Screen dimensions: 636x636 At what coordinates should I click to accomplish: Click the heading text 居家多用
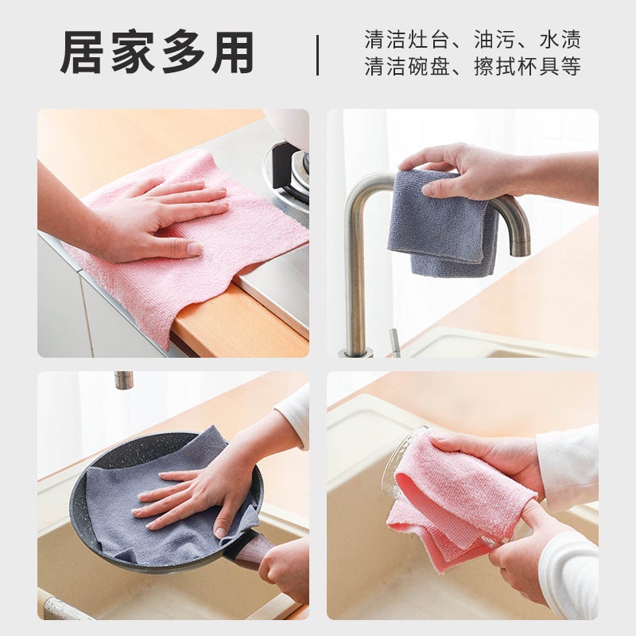coord(157,52)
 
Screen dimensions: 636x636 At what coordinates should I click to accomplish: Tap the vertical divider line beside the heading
coord(317,55)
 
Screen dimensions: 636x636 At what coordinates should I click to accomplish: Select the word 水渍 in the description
coord(560,40)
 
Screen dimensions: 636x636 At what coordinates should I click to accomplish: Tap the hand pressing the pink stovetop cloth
coord(159,219)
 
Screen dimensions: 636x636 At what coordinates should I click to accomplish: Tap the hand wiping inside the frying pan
coord(195,497)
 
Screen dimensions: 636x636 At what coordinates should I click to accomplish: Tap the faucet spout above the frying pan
coord(123,380)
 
